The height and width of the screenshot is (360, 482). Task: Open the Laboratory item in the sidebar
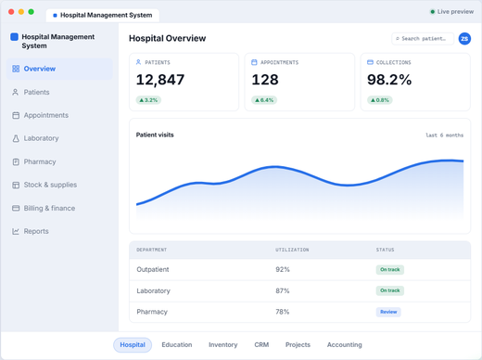point(35,138)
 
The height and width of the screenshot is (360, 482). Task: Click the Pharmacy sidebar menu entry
point(34,161)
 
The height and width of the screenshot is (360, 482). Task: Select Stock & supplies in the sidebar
point(44,185)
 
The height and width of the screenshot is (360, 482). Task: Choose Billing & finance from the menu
point(44,208)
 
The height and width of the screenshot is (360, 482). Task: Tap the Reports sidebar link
point(31,231)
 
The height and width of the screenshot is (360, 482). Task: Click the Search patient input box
point(423,39)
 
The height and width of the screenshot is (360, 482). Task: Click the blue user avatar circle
point(464,39)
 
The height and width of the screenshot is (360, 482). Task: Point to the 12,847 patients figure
point(160,80)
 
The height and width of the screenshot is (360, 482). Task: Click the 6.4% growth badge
point(264,100)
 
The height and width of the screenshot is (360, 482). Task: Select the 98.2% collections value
point(389,80)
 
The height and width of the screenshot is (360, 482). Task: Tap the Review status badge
point(388,312)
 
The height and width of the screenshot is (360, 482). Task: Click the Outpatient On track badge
point(390,270)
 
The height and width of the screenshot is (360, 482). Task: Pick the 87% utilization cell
point(283,290)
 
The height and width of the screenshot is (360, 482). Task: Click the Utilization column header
point(292,250)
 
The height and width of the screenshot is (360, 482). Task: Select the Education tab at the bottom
point(177,345)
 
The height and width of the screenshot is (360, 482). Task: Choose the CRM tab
point(261,345)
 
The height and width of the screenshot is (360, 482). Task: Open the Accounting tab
point(344,345)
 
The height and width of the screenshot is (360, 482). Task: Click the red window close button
point(11,12)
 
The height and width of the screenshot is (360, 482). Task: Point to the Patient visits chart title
point(155,135)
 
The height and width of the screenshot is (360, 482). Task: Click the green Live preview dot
point(433,12)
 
